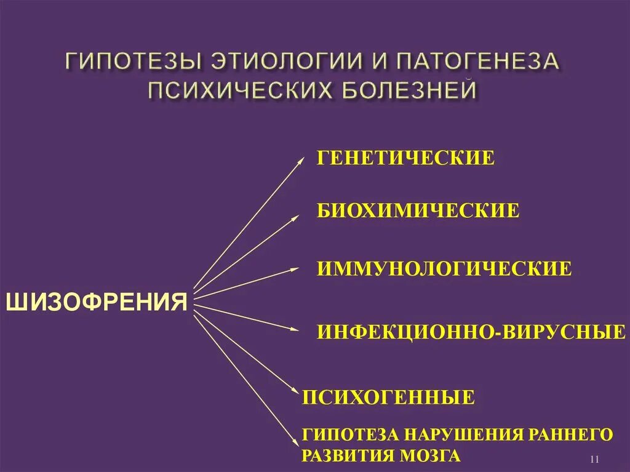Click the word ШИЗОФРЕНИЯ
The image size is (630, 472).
(96, 302)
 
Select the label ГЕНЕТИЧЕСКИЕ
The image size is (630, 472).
(405, 157)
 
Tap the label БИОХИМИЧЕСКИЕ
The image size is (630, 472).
(418, 211)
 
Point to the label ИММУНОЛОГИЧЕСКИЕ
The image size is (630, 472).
(444, 268)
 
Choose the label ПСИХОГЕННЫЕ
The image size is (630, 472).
(388, 397)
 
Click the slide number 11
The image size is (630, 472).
(594, 460)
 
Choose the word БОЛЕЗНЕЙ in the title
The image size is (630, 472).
(407, 90)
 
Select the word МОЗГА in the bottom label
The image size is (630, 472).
(430, 456)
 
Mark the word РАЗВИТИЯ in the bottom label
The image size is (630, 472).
(346, 456)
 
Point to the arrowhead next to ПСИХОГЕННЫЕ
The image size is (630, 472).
(295, 388)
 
